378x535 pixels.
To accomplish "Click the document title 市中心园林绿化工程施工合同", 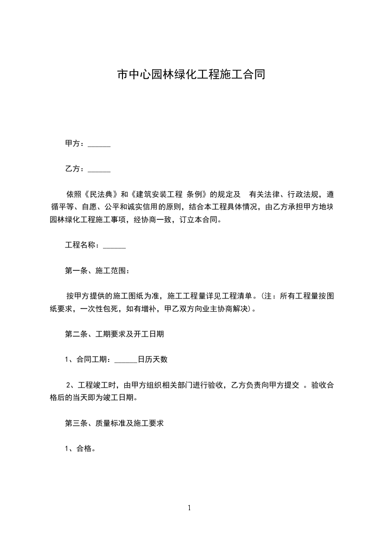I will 191,75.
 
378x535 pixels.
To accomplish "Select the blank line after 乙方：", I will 100,169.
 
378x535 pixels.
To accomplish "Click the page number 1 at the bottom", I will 189,508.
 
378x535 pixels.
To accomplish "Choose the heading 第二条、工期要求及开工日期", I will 114,334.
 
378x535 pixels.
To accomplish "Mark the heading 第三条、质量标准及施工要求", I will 114,423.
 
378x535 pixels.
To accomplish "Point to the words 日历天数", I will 153,360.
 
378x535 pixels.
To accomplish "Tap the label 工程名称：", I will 83,246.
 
